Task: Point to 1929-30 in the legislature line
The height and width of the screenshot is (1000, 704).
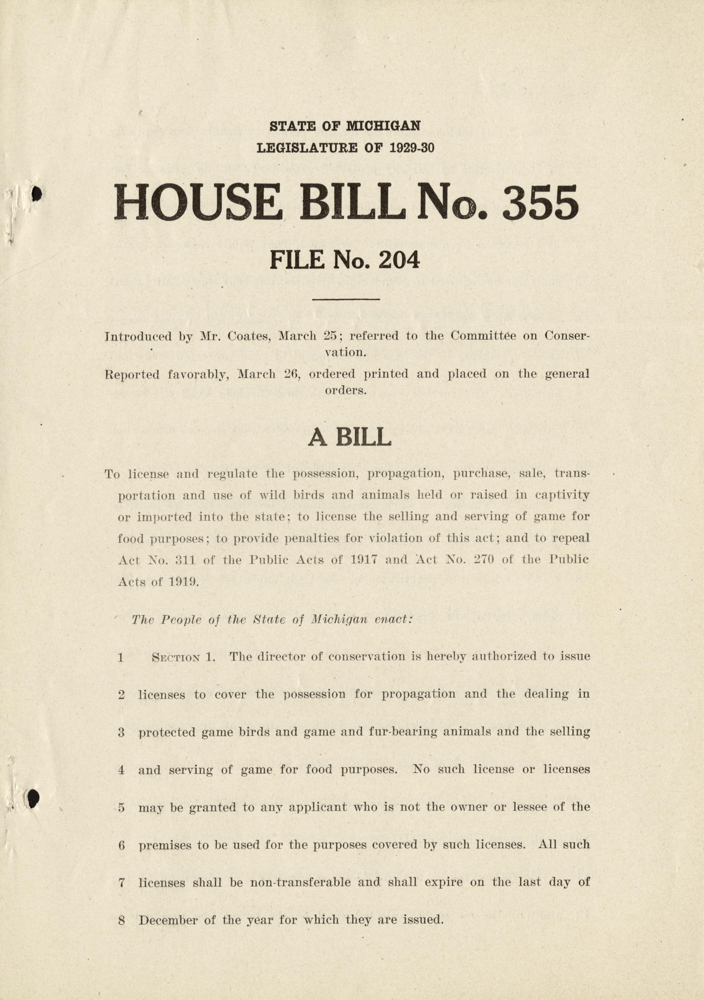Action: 412,148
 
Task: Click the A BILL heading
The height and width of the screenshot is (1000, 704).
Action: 349,437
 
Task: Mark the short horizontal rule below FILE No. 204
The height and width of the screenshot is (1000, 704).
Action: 346,299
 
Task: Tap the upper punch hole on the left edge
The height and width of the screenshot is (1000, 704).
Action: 37,193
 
